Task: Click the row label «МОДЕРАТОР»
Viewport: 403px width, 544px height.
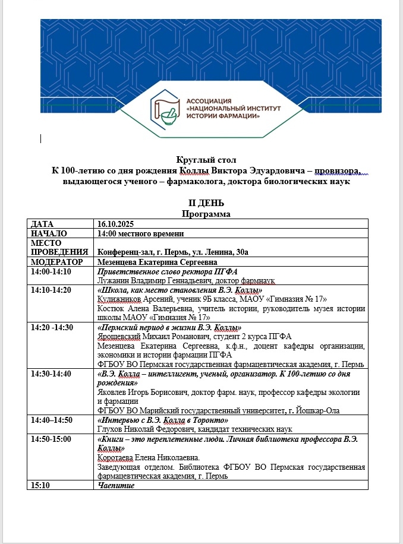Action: point(56,262)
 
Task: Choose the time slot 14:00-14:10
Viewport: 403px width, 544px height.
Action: point(51,271)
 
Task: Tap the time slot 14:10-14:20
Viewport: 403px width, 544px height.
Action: point(51,290)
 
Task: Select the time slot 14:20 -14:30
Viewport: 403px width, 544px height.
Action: point(51,327)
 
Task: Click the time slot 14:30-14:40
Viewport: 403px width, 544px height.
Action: point(51,373)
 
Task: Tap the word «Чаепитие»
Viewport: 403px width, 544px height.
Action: point(117,485)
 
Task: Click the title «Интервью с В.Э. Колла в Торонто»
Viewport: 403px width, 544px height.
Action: point(168,420)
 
